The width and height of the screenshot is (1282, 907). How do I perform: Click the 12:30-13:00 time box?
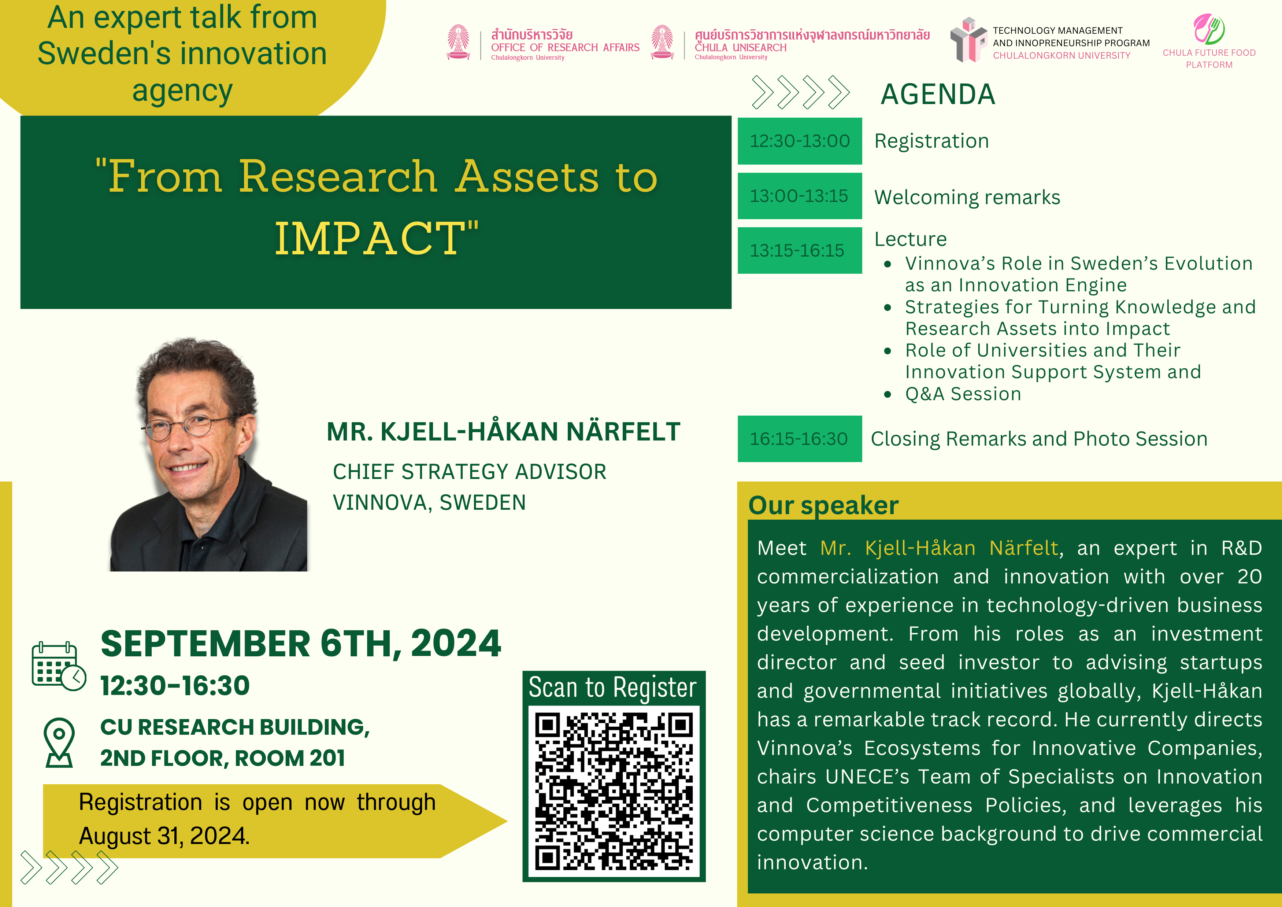pos(800,141)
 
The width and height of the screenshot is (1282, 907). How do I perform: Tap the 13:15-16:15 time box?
pos(800,250)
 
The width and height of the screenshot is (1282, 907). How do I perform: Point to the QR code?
pos(614,792)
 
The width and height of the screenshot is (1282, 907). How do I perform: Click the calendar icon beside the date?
pos(59,666)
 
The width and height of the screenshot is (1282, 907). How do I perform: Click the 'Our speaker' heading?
pos(823,505)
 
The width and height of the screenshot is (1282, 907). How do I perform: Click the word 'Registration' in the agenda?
pos(931,141)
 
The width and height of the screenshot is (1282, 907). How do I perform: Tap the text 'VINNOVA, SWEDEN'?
pos(429,503)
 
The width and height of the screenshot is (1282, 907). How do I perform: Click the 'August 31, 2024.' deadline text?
pos(164,836)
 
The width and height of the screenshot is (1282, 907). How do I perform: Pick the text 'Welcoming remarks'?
pos(967,197)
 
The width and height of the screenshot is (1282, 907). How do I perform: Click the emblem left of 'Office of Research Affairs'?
pos(459,42)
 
